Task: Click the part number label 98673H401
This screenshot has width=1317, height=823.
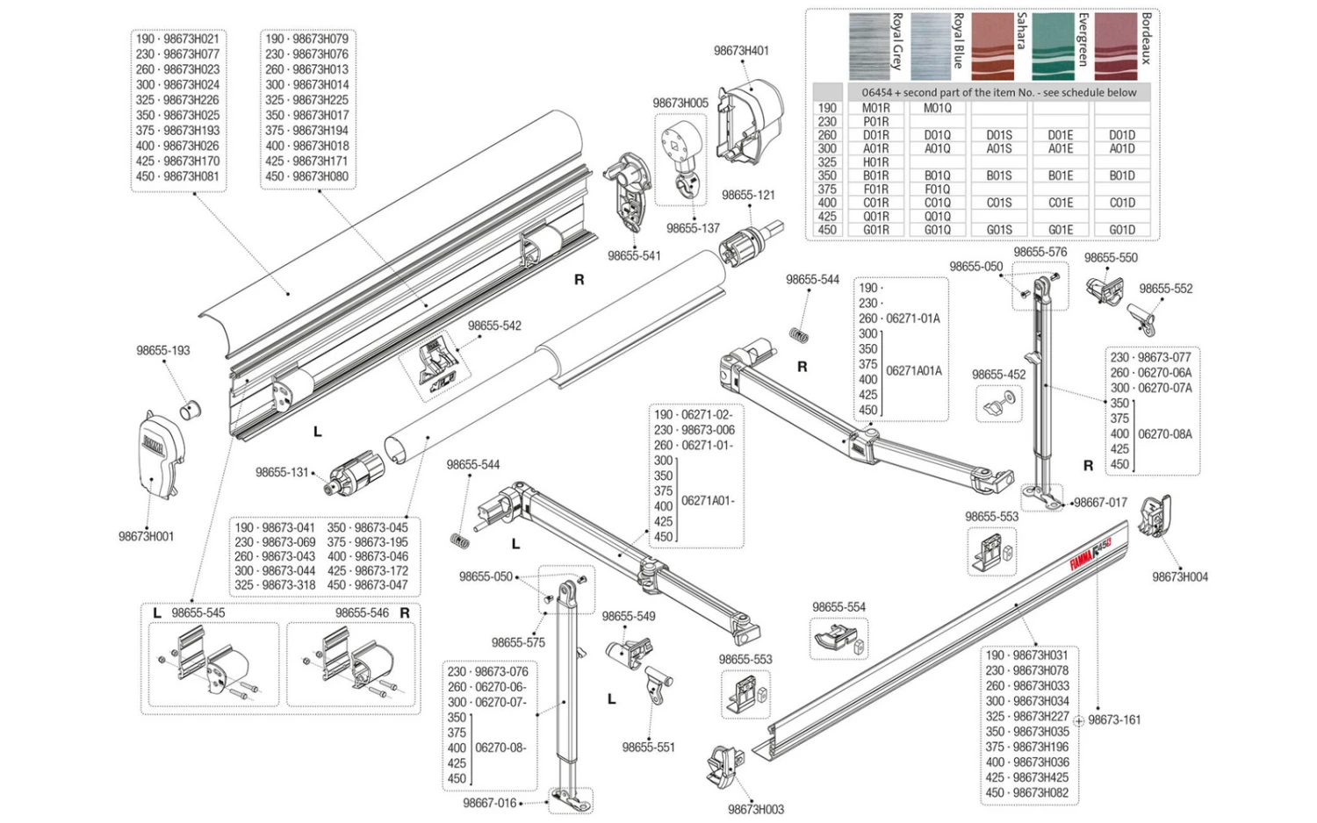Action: (741, 51)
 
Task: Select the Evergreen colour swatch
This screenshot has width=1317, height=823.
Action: (1054, 47)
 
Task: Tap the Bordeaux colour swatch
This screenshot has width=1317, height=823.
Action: (1115, 47)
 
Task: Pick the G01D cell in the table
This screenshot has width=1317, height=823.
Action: (1121, 230)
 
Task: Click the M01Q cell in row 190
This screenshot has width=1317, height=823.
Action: (937, 108)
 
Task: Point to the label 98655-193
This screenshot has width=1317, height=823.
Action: (162, 350)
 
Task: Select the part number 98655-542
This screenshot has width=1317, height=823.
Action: (494, 326)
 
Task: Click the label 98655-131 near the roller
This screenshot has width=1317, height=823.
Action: (282, 472)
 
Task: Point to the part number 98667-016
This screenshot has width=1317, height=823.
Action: (490, 803)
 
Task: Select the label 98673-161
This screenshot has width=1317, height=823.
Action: (1114, 719)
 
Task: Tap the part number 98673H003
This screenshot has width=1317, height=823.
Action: (755, 809)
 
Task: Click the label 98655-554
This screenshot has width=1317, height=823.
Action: (838, 607)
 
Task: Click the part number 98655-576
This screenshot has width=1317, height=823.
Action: (1040, 252)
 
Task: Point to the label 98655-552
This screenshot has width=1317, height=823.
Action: (1165, 289)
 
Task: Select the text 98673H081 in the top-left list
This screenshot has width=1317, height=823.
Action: (191, 176)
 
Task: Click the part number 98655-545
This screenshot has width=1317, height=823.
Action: (198, 612)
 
